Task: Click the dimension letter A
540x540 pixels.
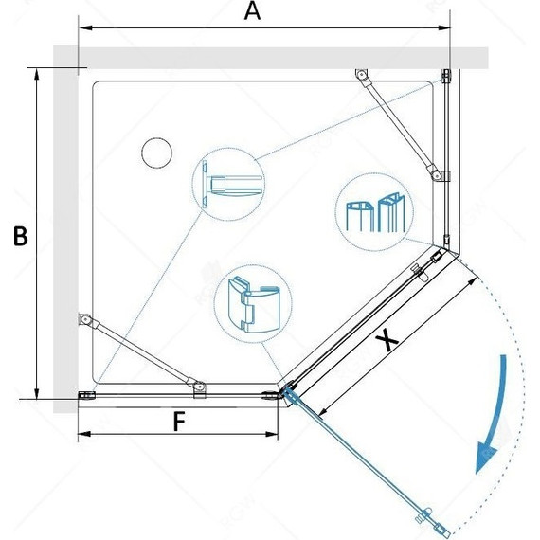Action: [252, 11]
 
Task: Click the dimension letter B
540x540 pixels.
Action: [20, 236]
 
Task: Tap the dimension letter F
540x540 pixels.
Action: [179, 422]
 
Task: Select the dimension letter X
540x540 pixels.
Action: [387, 339]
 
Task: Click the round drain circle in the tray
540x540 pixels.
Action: [156, 153]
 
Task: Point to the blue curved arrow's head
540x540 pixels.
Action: [486, 456]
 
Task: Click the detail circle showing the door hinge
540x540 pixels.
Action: [253, 304]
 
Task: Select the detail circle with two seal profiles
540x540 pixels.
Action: [374, 212]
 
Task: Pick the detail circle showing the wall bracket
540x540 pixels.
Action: [228, 185]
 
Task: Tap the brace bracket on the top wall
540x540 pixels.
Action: [361, 75]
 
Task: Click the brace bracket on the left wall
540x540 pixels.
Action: [84, 320]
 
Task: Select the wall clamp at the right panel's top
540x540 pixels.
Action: [446, 76]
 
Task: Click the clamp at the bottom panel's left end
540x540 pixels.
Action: [87, 395]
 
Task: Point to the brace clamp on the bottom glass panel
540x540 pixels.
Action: [199, 388]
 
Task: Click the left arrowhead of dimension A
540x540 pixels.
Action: [85, 27]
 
